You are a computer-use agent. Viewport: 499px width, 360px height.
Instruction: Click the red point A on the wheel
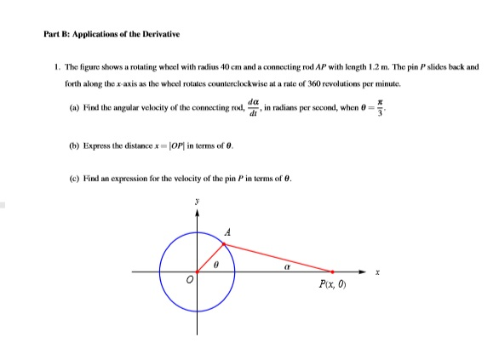click(x=224, y=244)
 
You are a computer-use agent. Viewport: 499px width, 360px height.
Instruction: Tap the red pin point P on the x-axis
click(x=332, y=272)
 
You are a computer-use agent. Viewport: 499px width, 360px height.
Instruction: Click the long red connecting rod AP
click(x=278, y=258)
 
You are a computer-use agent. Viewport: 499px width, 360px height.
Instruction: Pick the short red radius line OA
click(x=210, y=258)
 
